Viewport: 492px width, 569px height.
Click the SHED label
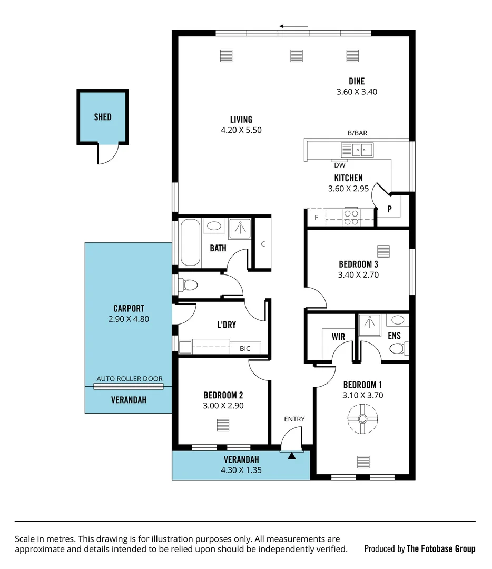pos(103,117)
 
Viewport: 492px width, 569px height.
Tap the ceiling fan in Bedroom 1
pos(362,419)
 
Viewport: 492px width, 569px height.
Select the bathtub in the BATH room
pos(190,242)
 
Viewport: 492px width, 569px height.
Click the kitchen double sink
pos(357,150)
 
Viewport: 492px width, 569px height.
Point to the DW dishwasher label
pos(340,165)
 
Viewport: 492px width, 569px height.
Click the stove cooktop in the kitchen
pos(351,217)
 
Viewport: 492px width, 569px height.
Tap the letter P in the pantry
pos(389,209)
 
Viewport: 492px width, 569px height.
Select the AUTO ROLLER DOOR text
pos(129,379)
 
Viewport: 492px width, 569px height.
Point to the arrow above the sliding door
pos(293,26)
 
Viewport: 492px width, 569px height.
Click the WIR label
pos(338,336)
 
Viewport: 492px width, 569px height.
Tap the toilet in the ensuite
pos(397,348)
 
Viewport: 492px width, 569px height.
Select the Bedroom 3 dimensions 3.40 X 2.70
pos(358,274)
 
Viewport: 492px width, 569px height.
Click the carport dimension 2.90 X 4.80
pos(129,318)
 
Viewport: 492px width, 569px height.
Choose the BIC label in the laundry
pos(245,348)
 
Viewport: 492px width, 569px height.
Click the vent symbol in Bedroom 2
pos(223,425)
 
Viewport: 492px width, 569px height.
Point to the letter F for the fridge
pos(316,217)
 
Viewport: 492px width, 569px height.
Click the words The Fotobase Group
pos(440,548)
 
